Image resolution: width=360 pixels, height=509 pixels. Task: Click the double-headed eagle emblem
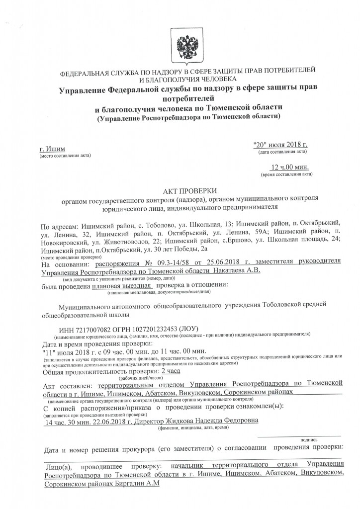pyautogui.click(x=180, y=42)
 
